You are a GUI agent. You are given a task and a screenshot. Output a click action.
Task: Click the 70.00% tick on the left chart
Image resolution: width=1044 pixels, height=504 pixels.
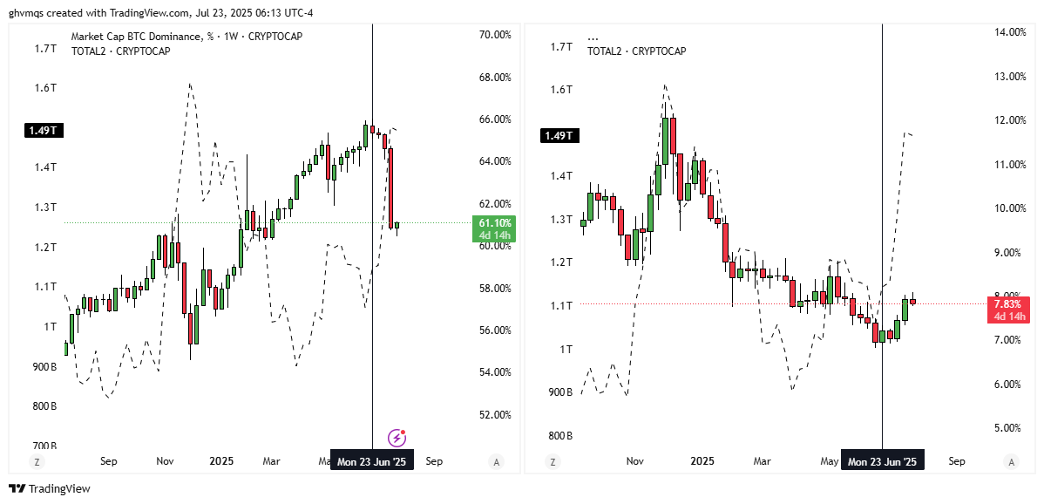(495, 35)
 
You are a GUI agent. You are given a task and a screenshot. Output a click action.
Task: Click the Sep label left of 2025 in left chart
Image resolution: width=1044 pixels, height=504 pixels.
(109, 461)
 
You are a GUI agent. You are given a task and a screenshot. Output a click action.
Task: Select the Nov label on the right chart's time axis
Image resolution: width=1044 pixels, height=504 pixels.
(634, 461)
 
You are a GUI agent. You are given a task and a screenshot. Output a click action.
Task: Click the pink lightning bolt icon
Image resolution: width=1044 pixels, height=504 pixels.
(397, 437)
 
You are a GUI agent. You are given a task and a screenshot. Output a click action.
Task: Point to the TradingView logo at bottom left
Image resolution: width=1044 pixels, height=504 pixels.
(50, 489)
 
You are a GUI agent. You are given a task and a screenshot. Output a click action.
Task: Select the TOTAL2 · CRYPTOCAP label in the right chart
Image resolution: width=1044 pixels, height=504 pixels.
(636, 51)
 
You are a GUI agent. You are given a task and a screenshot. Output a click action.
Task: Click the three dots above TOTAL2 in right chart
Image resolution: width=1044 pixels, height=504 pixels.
(593, 38)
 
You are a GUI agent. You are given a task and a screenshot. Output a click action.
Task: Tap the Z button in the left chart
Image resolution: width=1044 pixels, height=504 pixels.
(37, 461)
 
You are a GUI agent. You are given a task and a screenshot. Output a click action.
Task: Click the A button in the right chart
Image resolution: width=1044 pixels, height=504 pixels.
(1010, 461)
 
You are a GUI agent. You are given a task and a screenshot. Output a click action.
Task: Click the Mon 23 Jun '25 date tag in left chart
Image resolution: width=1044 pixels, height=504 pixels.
(371, 461)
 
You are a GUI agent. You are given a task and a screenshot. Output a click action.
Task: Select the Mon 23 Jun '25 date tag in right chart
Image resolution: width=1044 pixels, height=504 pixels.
(882, 461)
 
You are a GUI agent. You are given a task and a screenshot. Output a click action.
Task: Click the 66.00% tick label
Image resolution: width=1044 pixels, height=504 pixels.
(495, 119)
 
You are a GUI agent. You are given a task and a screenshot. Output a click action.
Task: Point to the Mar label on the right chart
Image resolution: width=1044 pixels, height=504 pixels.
(762, 461)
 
